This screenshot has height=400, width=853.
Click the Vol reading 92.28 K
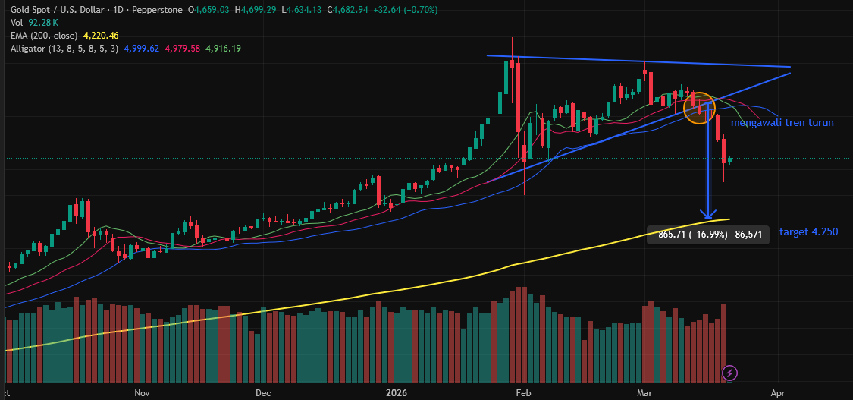(x=44, y=23)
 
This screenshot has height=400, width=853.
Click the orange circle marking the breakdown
(x=699, y=108)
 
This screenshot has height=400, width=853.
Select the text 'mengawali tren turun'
(x=782, y=122)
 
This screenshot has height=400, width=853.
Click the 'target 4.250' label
(x=808, y=231)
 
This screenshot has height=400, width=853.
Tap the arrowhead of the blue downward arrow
(x=708, y=214)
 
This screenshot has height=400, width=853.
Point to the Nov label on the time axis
(x=143, y=393)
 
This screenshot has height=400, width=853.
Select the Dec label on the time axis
(x=262, y=393)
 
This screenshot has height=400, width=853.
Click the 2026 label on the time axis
(x=397, y=393)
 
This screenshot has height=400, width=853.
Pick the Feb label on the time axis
(x=522, y=393)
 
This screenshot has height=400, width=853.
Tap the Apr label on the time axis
(x=778, y=393)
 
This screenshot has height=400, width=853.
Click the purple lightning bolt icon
(x=729, y=372)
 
